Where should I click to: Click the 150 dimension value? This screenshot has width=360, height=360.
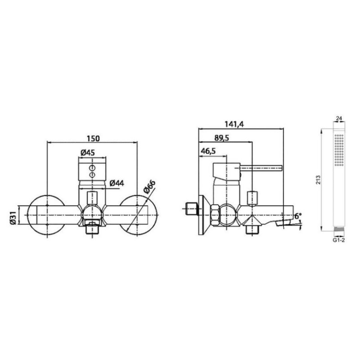(x=93, y=139)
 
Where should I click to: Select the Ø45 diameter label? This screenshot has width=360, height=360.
(x=87, y=153)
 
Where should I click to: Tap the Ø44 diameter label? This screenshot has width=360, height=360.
(x=117, y=183)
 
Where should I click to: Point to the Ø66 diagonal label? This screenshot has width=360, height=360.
(x=150, y=187)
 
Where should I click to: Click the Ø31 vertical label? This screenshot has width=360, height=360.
(x=13, y=218)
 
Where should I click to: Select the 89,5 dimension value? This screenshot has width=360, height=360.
(x=221, y=138)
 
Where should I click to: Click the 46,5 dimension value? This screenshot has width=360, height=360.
(x=208, y=151)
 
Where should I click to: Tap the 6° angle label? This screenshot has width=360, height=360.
(x=298, y=216)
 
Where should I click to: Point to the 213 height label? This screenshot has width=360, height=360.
(x=318, y=180)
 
